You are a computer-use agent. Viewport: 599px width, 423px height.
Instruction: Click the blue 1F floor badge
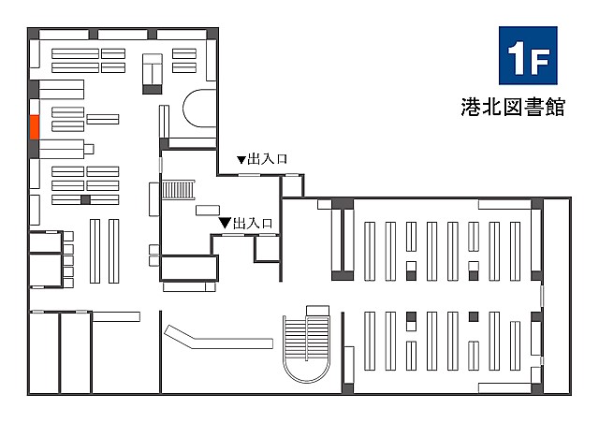[528, 55]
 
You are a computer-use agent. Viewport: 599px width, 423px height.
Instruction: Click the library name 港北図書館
[513, 107]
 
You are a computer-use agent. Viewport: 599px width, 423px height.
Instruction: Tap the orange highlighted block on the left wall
[35, 127]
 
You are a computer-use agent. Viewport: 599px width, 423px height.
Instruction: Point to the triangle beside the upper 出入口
[241, 160]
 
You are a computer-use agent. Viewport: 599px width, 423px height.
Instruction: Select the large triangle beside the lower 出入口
[225, 223]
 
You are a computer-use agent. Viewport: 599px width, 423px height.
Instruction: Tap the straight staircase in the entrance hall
[179, 190]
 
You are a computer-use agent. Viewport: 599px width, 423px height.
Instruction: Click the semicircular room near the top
[199, 109]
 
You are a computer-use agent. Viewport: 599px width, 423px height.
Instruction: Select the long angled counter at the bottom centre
[218, 337]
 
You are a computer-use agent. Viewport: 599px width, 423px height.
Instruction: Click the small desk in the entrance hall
[208, 211]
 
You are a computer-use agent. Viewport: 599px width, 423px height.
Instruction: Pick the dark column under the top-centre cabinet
[153, 90]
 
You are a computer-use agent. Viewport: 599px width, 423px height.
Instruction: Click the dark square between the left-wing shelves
[85, 199]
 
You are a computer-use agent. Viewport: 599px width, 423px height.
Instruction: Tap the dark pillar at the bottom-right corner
[537, 388]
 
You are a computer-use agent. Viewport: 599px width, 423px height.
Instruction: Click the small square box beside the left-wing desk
[89, 149]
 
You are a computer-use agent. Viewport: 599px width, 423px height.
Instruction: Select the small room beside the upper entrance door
[293, 186]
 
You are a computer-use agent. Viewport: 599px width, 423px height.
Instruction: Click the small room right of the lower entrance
[267, 249]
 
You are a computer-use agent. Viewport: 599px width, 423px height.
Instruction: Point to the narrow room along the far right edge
[557, 296]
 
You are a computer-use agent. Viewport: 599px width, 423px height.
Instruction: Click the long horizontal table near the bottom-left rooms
[116, 316]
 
